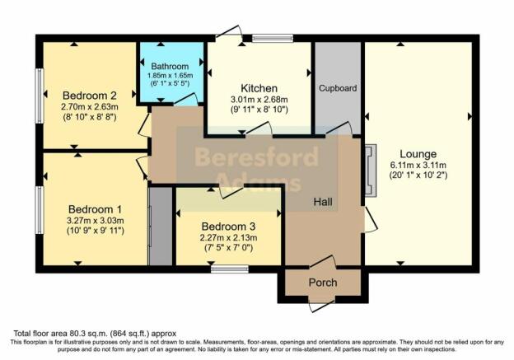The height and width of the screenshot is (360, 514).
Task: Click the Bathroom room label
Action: (170, 66)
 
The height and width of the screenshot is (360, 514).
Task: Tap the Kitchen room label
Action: (259, 88)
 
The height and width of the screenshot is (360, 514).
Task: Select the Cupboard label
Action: (338, 88)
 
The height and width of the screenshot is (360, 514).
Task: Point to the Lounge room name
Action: (418, 154)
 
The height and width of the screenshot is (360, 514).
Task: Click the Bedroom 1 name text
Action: (95, 209)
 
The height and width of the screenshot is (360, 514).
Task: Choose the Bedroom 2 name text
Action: (90, 96)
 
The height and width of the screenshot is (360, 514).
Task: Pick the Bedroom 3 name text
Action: (228, 227)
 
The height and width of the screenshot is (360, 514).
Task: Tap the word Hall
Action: (323, 202)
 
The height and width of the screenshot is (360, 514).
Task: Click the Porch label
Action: (323, 283)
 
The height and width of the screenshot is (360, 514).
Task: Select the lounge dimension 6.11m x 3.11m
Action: (418, 165)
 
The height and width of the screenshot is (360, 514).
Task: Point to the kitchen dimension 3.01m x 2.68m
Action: (259, 99)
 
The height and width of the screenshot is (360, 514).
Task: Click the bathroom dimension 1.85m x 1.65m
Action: (170, 76)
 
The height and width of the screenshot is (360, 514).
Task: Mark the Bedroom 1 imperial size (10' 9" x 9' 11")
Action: (95, 231)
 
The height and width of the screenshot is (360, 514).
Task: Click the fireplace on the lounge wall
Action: (371, 171)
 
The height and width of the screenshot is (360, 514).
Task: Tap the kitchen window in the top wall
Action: (273, 39)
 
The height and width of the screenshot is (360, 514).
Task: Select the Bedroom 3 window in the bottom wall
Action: (230, 269)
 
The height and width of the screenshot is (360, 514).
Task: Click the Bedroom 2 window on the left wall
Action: (40, 96)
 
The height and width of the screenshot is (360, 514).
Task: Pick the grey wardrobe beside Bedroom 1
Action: (161, 227)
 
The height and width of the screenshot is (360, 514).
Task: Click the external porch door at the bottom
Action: (322, 305)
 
